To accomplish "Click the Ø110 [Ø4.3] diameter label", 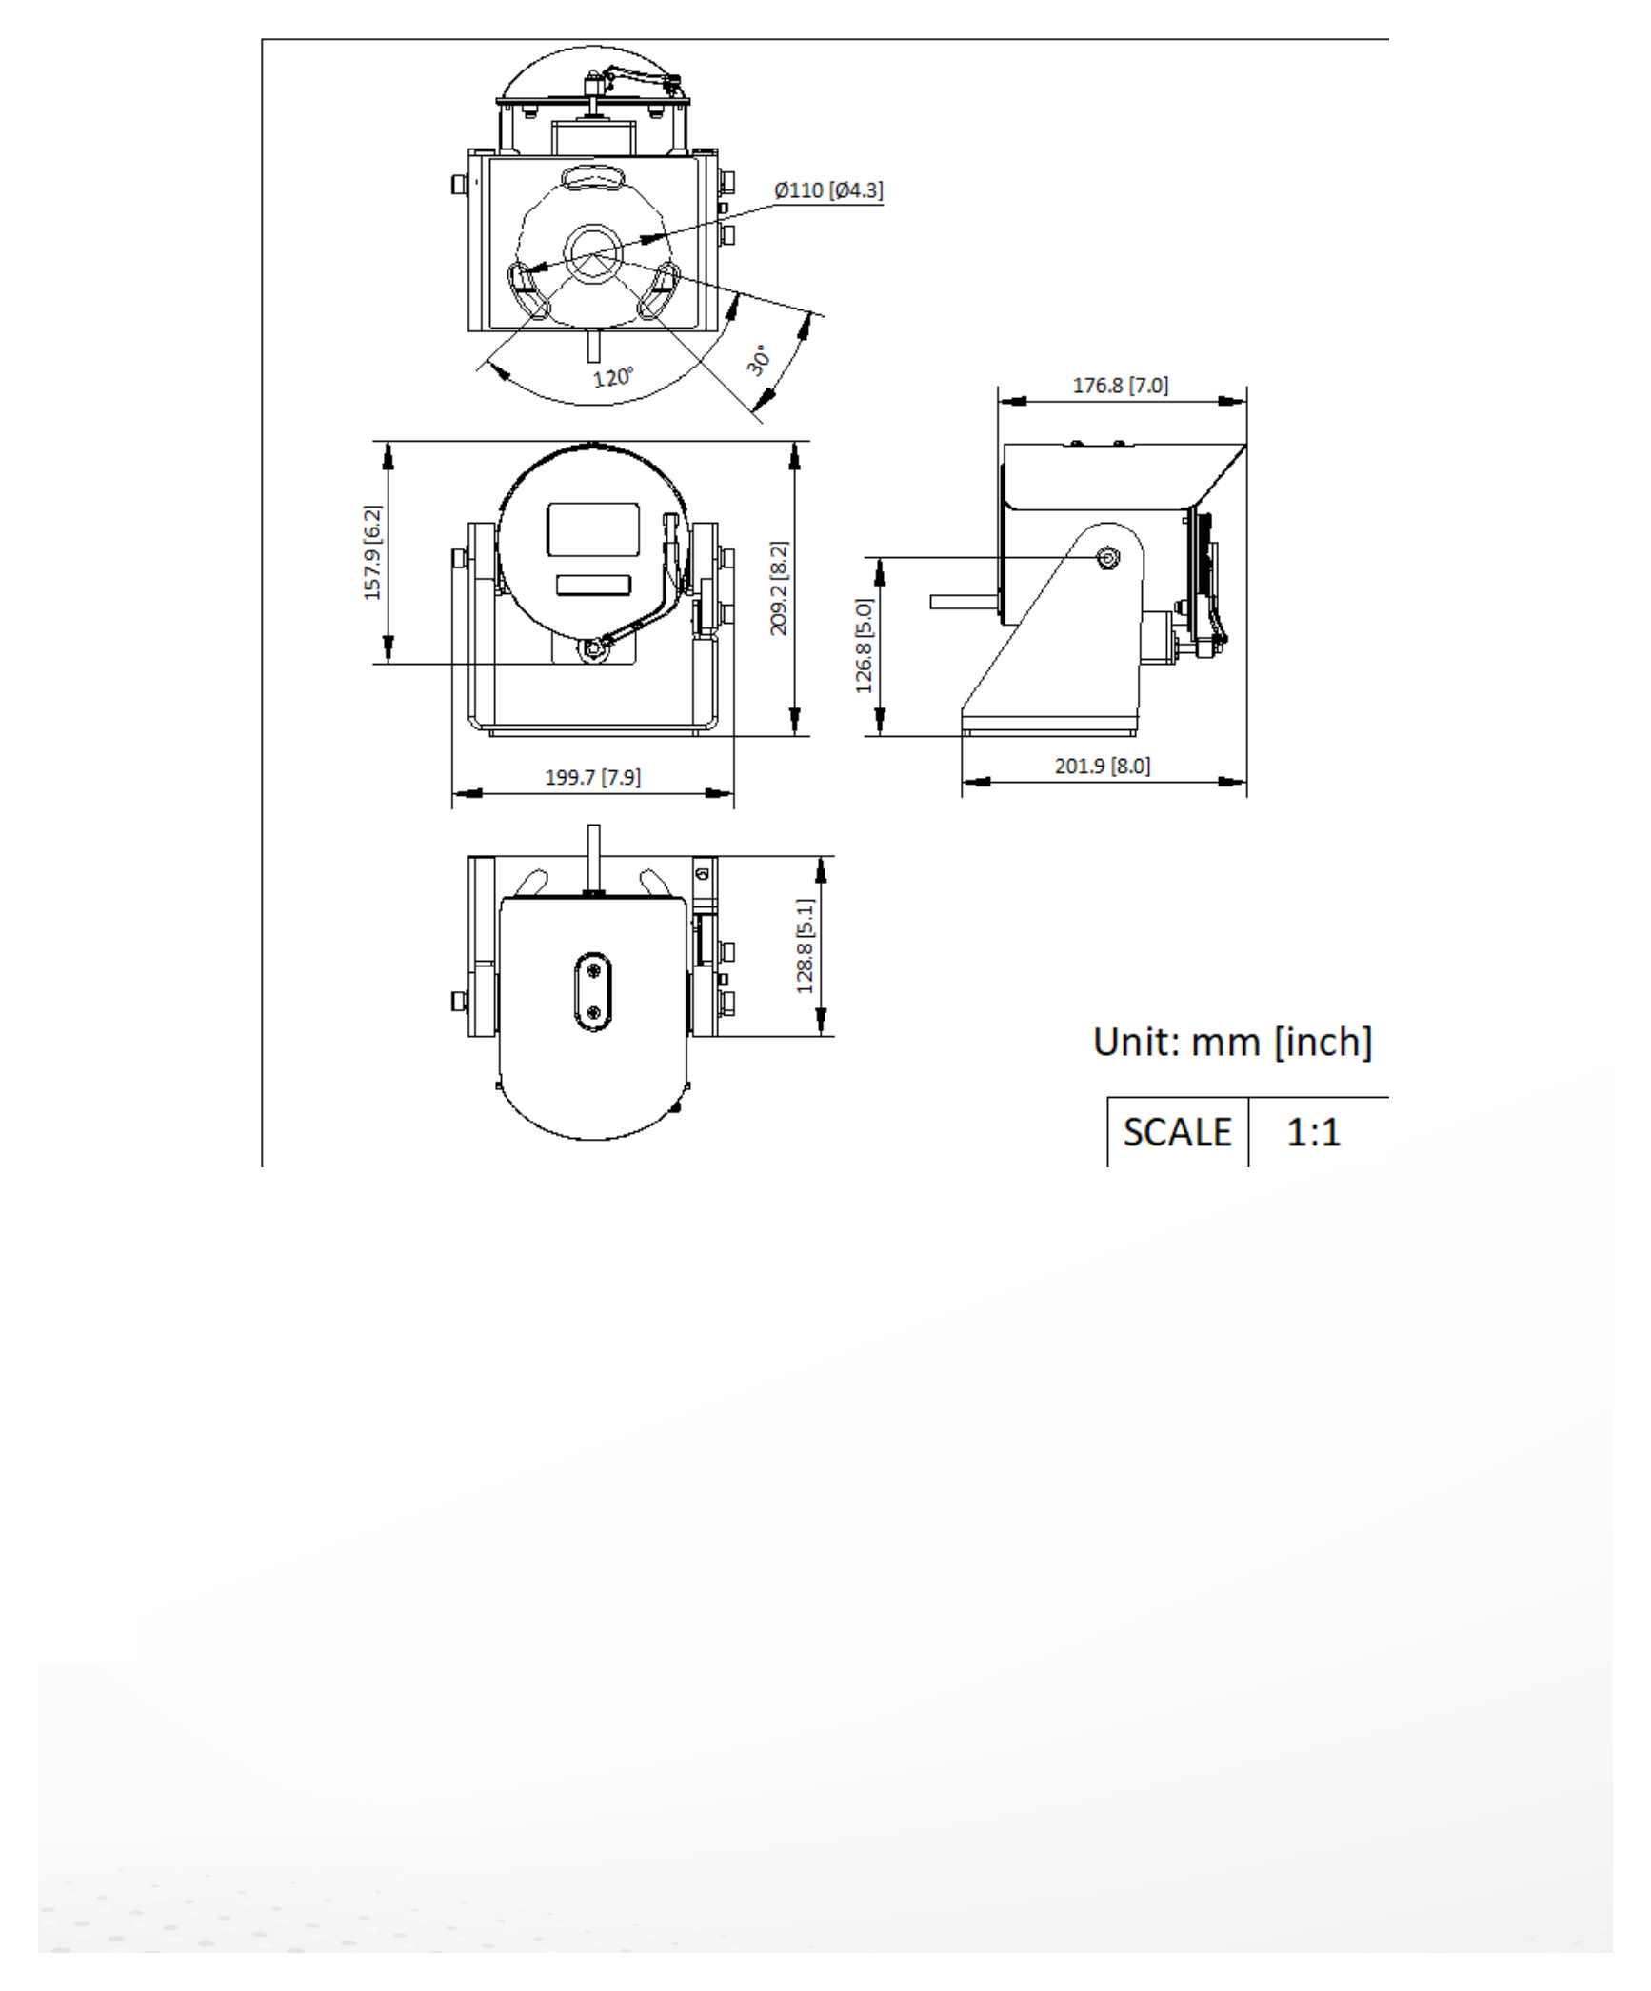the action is [x=828, y=190].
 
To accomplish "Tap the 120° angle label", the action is [x=613, y=377].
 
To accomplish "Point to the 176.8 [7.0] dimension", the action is [x=1120, y=386].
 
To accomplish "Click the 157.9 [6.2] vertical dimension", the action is [x=372, y=552].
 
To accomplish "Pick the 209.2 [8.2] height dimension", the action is [x=779, y=588].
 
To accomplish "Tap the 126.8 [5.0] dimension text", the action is [x=864, y=646].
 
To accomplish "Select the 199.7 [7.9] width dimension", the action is [x=592, y=777].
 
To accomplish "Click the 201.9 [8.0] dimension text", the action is [x=1103, y=766].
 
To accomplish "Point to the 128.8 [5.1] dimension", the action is [x=806, y=946].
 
